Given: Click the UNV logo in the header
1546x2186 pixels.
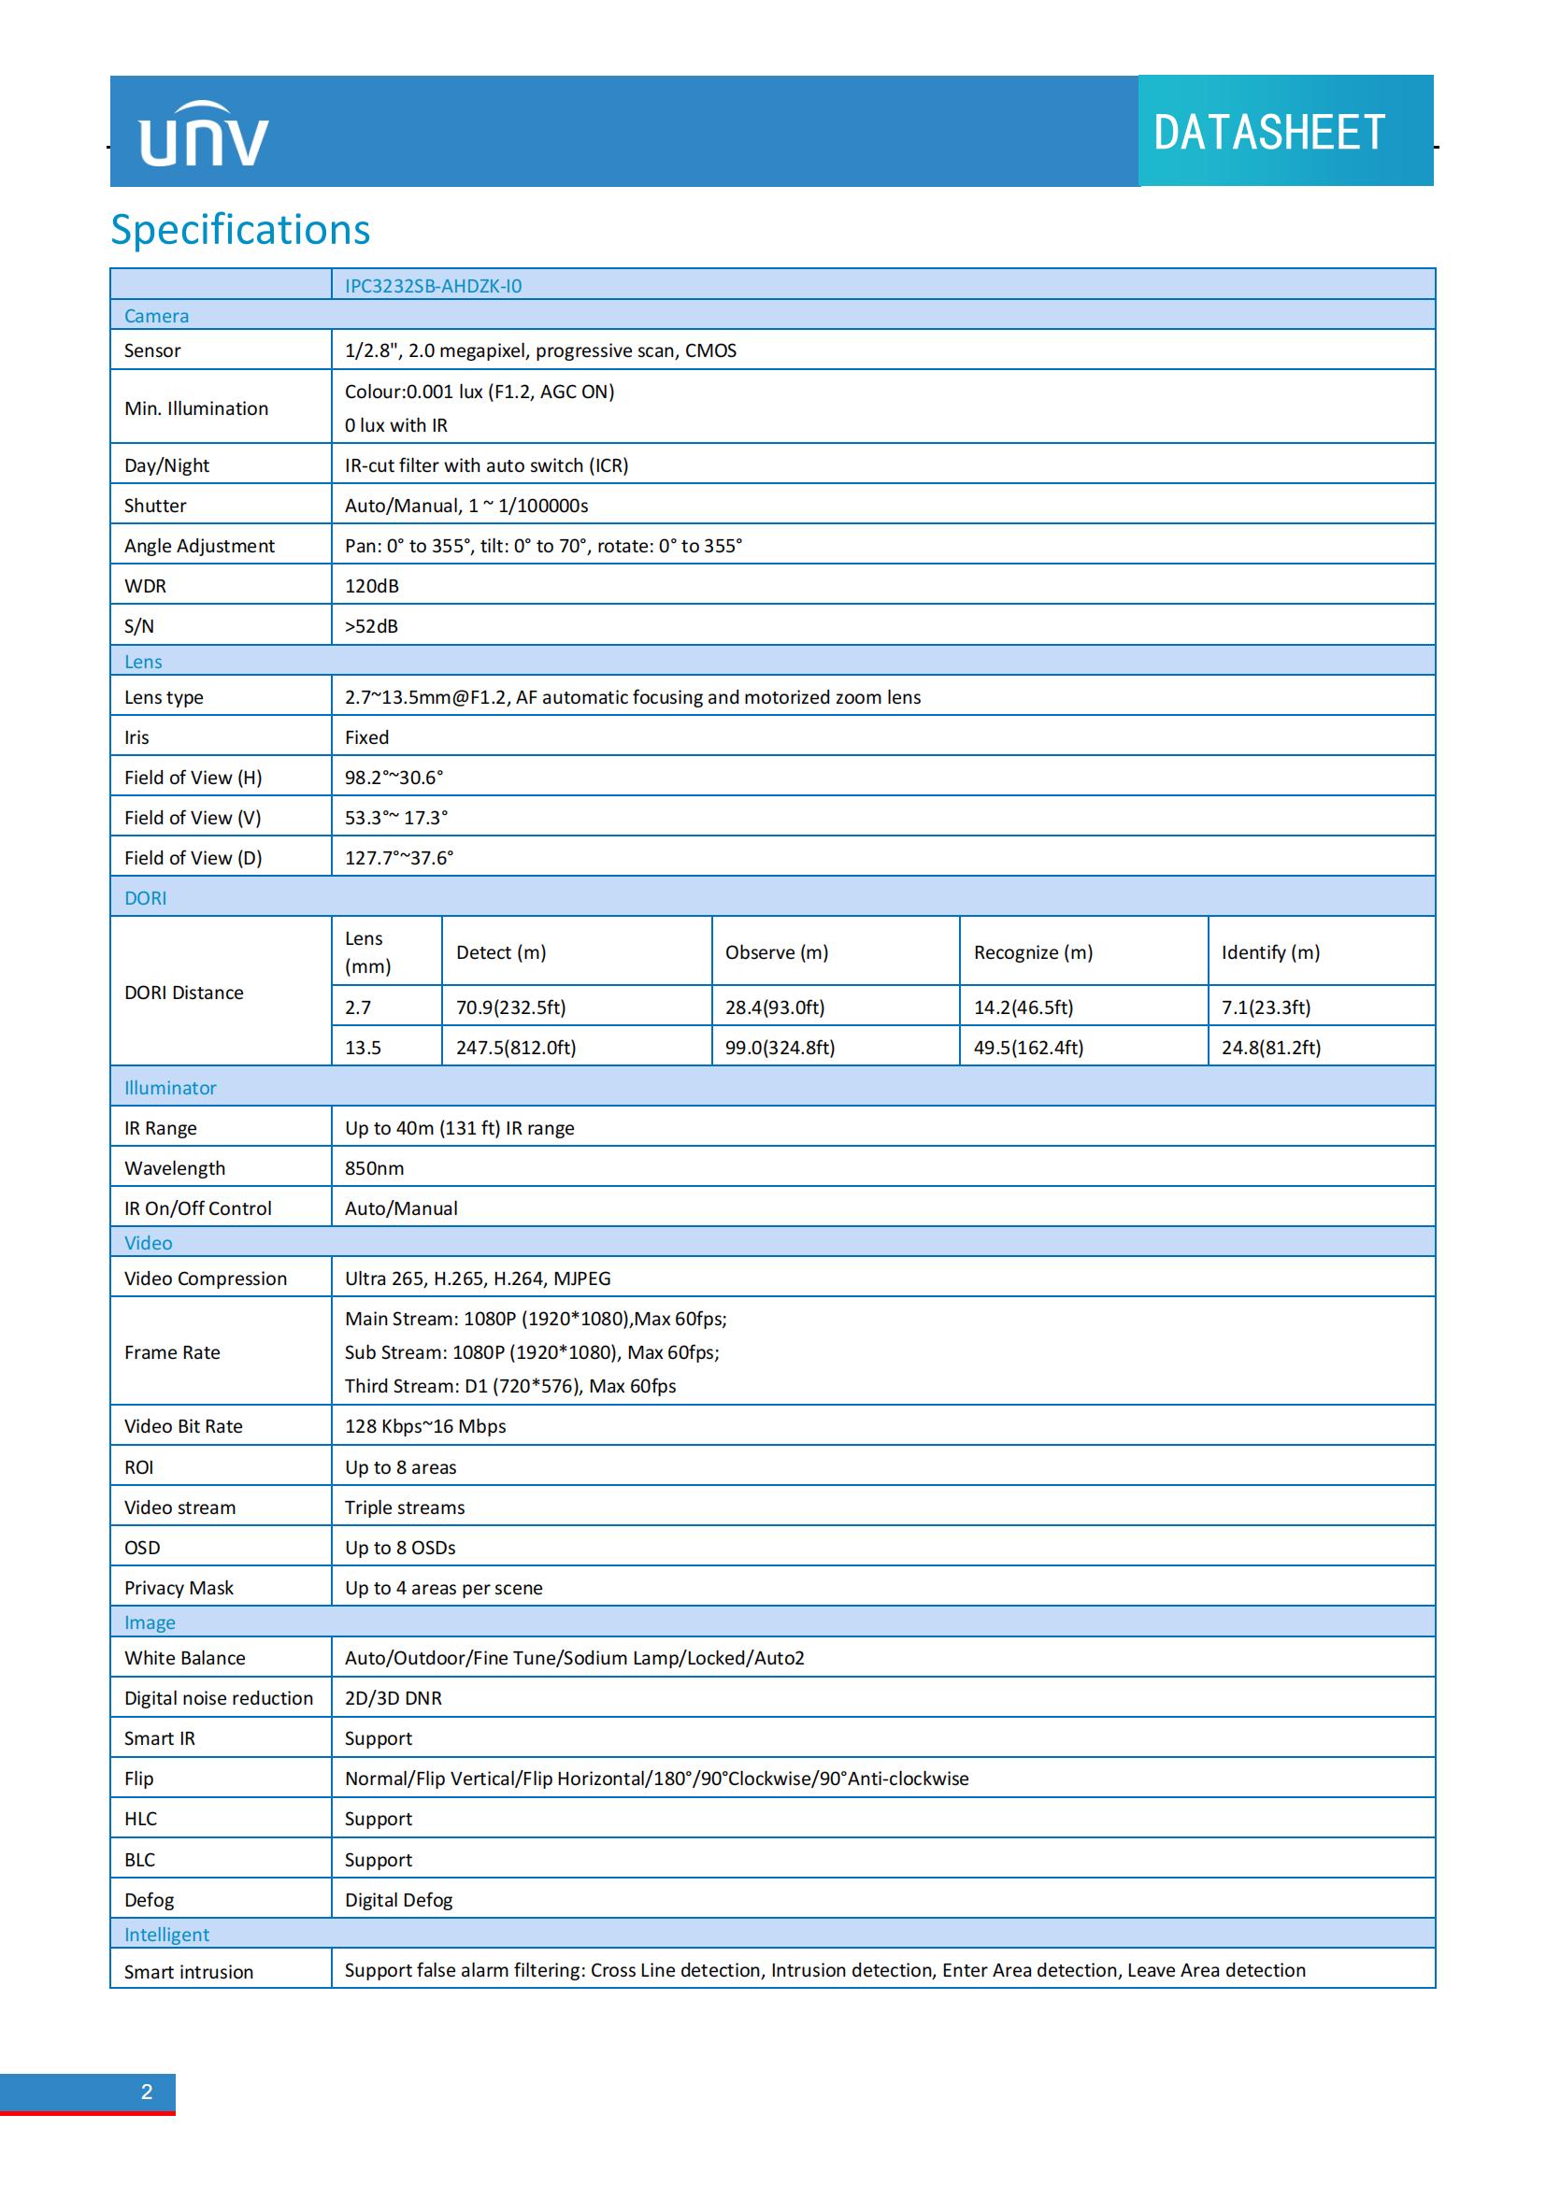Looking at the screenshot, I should [x=204, y=135].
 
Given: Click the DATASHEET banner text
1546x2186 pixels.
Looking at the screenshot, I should [x=1268, y=133].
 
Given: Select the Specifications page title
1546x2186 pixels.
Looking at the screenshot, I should [x=240, y=230].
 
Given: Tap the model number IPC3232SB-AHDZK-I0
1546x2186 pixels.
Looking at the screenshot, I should [x=433, y=286].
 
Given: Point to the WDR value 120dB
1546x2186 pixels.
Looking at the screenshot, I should [x=371, y=586].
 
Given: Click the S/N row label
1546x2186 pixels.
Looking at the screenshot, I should [x=139, y=625].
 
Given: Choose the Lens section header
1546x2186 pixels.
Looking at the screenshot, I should [x=143, y=662].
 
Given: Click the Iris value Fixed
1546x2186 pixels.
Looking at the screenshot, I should [x=366, y=736].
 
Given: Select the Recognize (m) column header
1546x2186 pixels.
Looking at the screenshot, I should [x=1033, y=952].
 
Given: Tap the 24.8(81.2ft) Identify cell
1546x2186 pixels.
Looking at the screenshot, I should [x=1271, y=1048].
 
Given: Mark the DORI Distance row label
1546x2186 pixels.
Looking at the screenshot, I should [x=184, y=993].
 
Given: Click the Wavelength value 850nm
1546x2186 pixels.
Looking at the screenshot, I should [x=374, y=1168].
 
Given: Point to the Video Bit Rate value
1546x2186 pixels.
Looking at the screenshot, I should [x=424, y=1426].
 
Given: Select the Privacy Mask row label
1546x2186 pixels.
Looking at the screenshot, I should [x=179, y=1587].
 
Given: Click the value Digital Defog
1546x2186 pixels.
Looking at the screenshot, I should [x=398, y=1899].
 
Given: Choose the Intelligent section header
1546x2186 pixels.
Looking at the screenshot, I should [x=166, y=1934].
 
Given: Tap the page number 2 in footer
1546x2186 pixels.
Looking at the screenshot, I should [x=147, y=2092].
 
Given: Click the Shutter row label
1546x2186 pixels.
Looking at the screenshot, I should [x=155, y=506].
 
